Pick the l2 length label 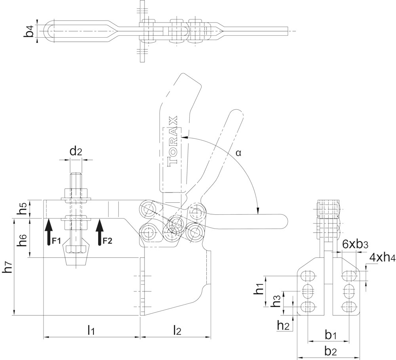coord(177,329)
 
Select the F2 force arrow coord(100,234)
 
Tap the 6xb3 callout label coord(353,244)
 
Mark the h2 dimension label coord(283,326)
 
